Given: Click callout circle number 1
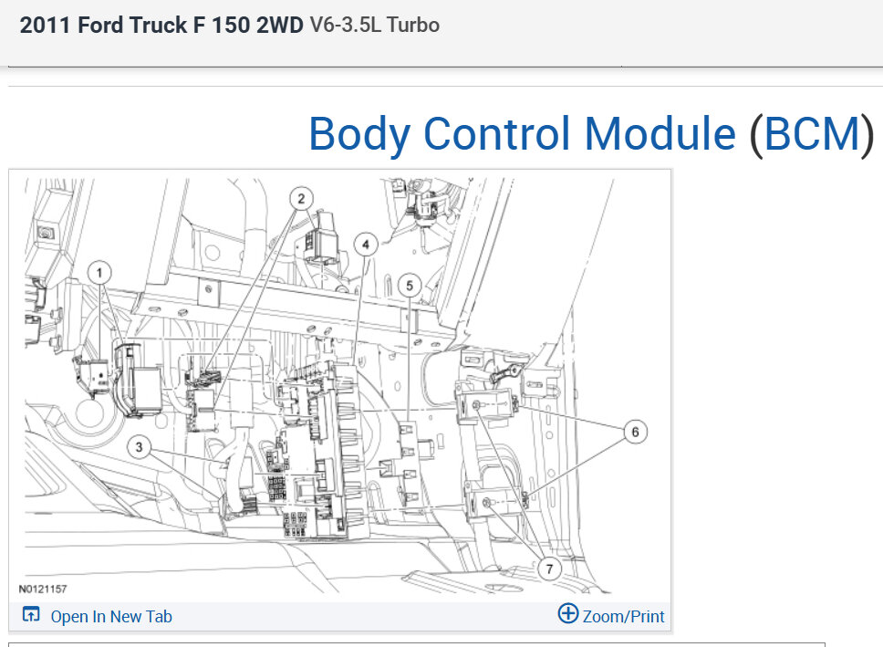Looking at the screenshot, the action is tap(99, 274).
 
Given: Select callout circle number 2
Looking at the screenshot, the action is tap(301, 198).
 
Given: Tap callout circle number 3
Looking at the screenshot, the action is tap(139, 447).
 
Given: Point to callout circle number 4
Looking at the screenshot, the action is tap(366, 245).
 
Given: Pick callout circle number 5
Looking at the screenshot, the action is tap(410, 286).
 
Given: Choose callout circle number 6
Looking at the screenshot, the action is tap(635, 432).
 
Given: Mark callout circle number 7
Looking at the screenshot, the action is tap(549, 569).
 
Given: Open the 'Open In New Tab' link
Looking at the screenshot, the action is tap(111, 617).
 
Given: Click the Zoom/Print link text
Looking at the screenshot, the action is tap(623, 617).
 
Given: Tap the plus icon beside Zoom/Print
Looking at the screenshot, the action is tap(568, 613).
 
